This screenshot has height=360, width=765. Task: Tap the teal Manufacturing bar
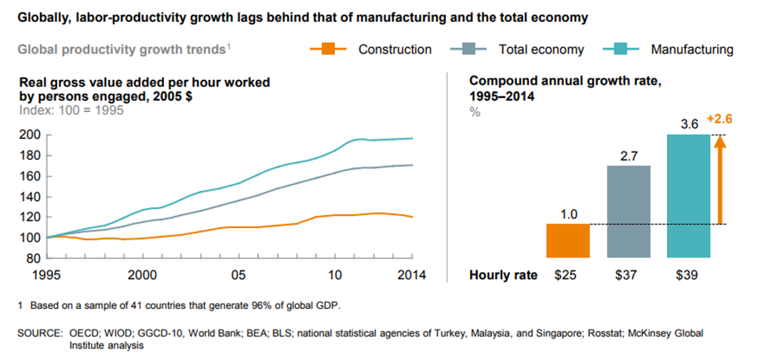pyautogui.click(x=688, y=196)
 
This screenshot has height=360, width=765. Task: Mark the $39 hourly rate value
pyautogui.click(x=688, y=275)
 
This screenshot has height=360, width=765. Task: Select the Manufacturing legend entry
pyautogui.click(x=691, y=49)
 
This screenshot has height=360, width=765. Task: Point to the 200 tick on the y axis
pyautogui.click(x=29, y=135)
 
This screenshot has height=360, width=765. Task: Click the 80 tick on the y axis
pyautogui.click(x=32, y=258)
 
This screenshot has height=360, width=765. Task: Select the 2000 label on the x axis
pyautogui.click(x=141, y=275)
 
